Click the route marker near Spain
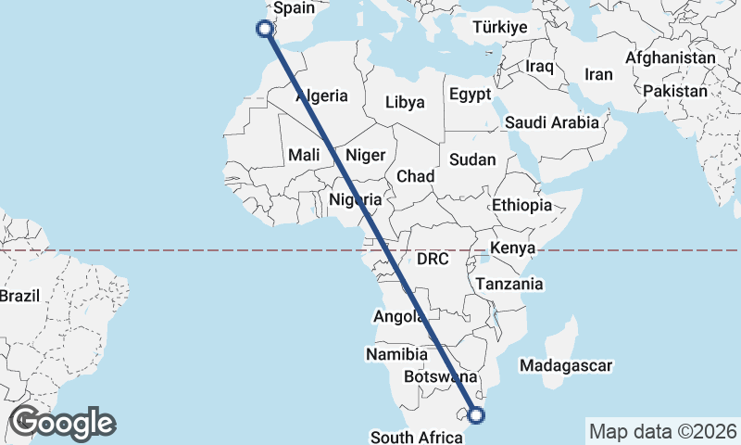[x=266, y=29]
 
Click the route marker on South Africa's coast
[x=478, y=414]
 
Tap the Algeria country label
[x=321, y=95]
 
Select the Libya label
[x=405, y=102]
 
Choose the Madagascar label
[x=567, y=366]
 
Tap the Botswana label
[x=441, y=377]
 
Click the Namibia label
[x=396, y=354]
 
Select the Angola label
[x=399, y=317]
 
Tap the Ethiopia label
[x=522, y=205]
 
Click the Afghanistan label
[x=671, y=57]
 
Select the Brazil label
[x=19, y=297]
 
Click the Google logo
[x=62, y=423]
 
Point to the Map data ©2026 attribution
[x=662, y=431]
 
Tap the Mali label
[x=304, y=155]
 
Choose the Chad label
[x=416, y=176]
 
